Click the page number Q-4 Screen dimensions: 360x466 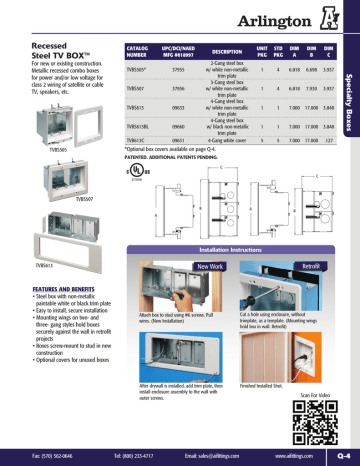(x=342, y=456)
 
